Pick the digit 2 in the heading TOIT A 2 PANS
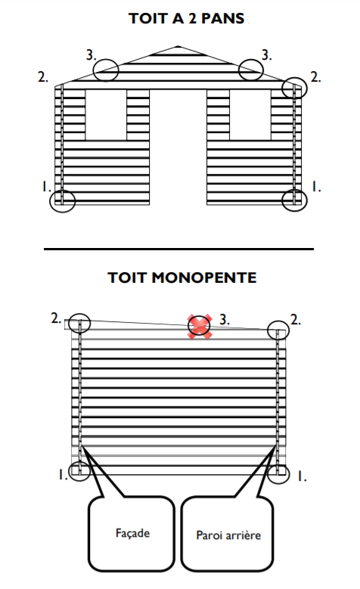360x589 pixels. coord(193,18)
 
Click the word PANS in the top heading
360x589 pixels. coord(223,18)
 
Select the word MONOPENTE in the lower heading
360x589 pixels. coord(204,277)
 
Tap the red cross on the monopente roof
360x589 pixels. coord(200,326)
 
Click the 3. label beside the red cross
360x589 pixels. coord(225,320)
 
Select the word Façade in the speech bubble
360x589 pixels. coord(132,533)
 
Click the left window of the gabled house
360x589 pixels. coord(106,115)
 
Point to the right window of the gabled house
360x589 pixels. coord(250,115)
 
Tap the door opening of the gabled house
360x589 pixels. coord(178,147)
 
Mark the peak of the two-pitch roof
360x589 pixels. coord(178,46)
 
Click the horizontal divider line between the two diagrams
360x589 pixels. coord(179,249)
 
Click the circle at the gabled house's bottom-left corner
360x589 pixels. coord(50,201)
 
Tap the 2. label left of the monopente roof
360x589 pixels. coord(56,318)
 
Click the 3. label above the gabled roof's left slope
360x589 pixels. coord(91,55)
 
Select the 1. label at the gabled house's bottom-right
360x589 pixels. coord(316,187)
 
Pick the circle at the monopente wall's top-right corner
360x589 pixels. coord(268,330)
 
